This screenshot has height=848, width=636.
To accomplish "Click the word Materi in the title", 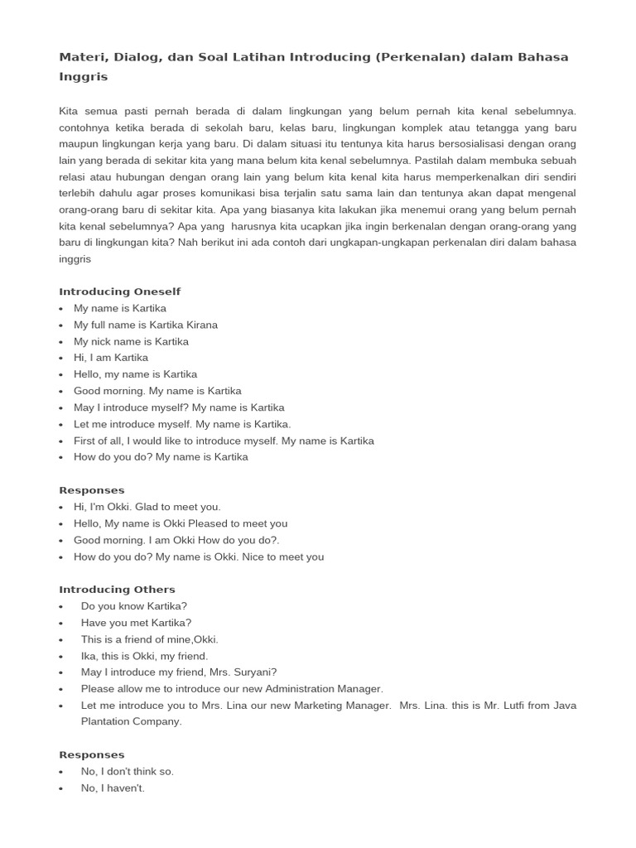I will [x=79, y=57].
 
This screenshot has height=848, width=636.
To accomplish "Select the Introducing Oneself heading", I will [x=119, y=291].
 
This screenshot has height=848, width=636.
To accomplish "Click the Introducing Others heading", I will [x=117, y=590].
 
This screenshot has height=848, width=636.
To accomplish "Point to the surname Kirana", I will [x=200, y=325].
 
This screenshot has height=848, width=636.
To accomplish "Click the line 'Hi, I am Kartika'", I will [x=111, y=358].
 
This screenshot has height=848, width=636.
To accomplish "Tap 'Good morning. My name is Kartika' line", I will [x=157, y=391].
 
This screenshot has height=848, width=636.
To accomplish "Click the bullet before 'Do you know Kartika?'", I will [x=62, y=606].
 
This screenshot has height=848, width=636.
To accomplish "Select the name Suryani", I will [x=253, y=672].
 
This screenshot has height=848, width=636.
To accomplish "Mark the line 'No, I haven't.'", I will [x=113, y=788].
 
